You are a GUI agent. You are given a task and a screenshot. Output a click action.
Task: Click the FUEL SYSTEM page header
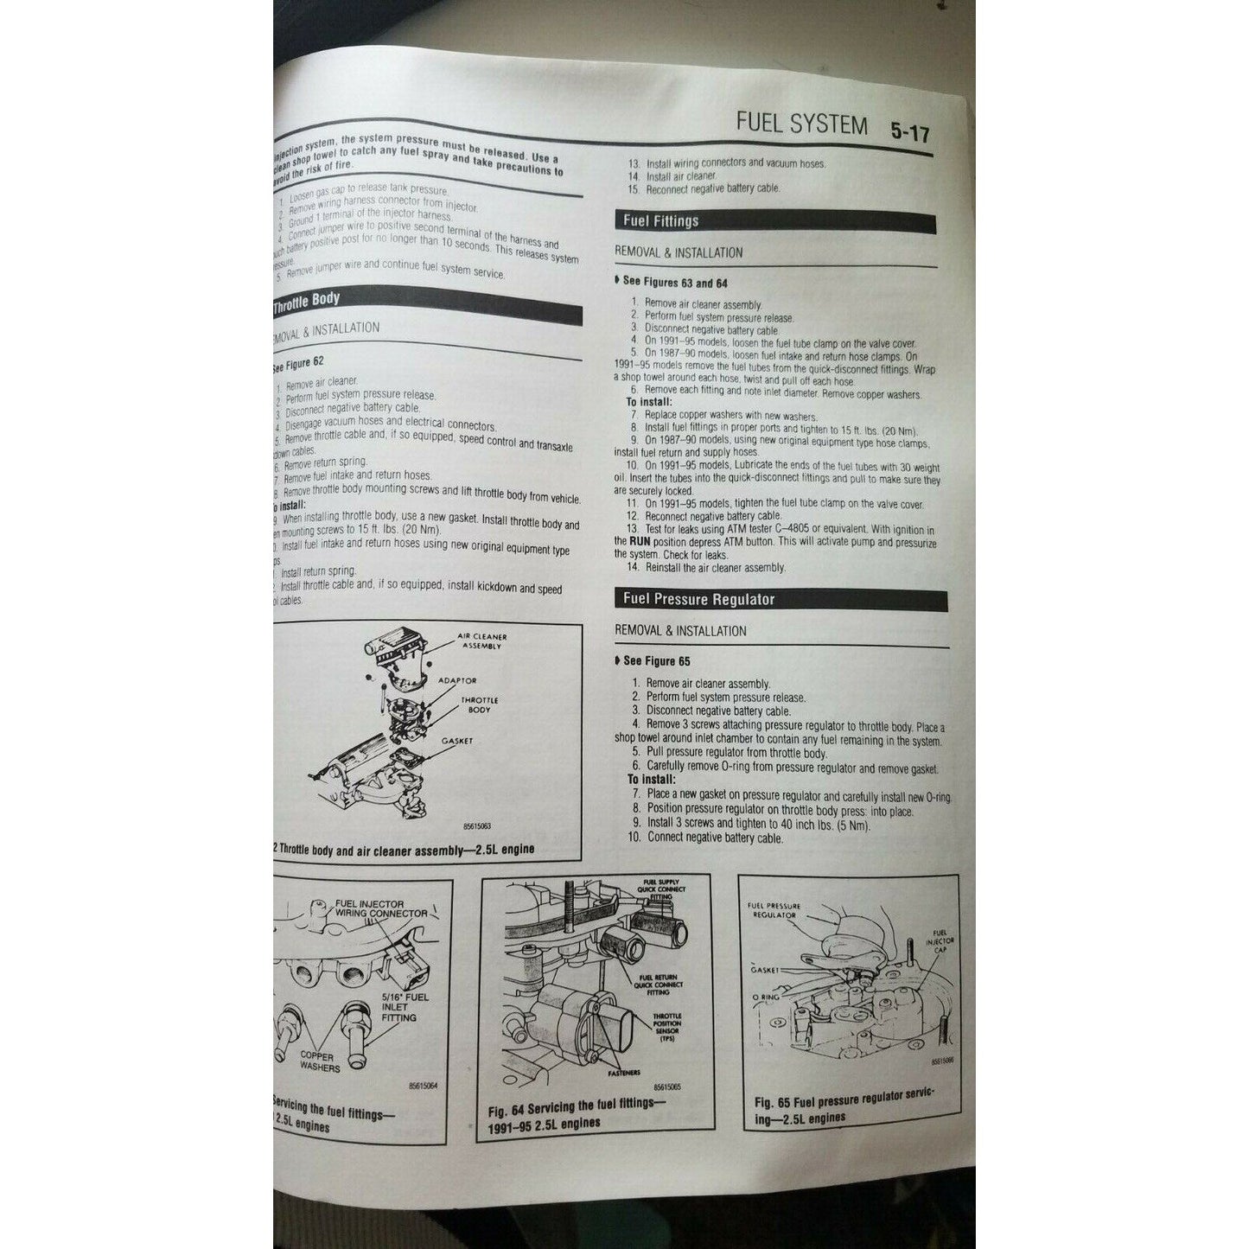pyautogui.click(x=801, y=124)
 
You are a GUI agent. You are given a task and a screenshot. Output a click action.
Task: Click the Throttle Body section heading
pyautogui.click(x=307, y=301)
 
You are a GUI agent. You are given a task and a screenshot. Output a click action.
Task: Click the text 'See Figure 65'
pyautogui.click(x=657, y=661)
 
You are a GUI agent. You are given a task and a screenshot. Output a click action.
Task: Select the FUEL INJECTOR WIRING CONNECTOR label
pyautogui.click(x=380, y=908)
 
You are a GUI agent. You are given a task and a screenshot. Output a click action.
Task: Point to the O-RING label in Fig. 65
pyautogui.click(x=765, y=997)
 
